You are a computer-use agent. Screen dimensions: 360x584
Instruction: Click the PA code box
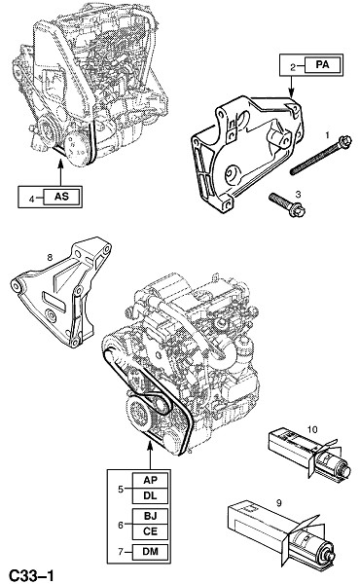click(x=322, y=65)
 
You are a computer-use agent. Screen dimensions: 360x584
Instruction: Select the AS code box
click(x=62, y=197)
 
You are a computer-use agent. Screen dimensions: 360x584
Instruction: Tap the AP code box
click(x=150, y=481)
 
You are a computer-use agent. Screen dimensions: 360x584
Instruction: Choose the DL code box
click(x=150, y=495)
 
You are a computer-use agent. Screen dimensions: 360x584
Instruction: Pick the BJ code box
click(x=150, y=516)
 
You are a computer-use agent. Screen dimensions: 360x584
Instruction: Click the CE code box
click(x=150, y=531)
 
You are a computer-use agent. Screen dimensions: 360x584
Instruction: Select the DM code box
click(x=150, y=552)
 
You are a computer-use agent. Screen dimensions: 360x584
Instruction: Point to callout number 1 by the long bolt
click(x=327, y=135)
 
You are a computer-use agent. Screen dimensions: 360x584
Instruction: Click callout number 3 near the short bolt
click(x=298, y=194)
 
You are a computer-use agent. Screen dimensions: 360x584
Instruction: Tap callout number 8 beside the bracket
click(x=50, y=257)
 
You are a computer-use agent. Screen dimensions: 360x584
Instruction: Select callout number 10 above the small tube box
click(x=312, y=429)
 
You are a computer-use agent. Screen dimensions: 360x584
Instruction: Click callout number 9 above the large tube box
click(x=279, y=503)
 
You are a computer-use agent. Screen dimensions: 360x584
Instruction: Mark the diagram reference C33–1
click(x=31, y=575)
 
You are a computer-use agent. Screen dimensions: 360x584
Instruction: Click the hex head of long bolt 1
click(x=344, y=140)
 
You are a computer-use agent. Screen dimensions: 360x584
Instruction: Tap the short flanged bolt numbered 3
click(x=287, y=204)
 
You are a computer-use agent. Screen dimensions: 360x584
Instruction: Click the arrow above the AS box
click(x=60, y=171)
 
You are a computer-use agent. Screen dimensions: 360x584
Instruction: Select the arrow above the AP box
click(x=151, y=455)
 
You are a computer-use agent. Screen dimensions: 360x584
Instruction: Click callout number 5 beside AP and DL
click(x=121, y=489)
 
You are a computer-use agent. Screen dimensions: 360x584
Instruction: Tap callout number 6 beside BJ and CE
click(x=121, y=525)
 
